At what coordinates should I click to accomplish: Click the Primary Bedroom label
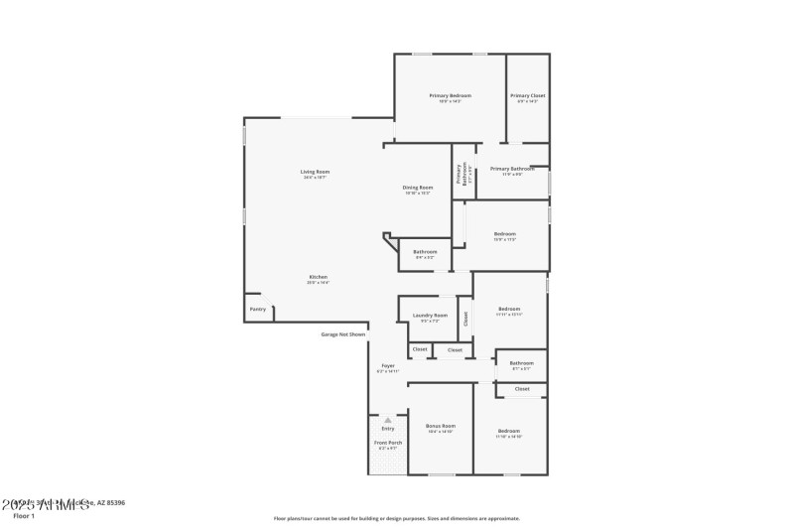coord(450,95)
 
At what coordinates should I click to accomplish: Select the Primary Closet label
coord(527,95)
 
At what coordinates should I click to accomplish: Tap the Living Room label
coord(316,172)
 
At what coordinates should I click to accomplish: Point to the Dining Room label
coord(418,188)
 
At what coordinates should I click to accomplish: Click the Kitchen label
coord(318,277)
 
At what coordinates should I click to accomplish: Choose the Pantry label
coord(258,310)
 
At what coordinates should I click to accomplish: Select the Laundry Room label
coord(430,316)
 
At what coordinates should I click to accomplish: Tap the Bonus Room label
coord(441,425)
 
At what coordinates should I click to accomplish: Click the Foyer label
coord(388,365)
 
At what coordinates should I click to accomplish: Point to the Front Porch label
coord(388,443)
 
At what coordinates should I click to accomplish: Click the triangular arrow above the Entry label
coord(388,419)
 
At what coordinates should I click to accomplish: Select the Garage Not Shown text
coord(342,334)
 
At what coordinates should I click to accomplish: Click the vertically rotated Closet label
coord(465,319)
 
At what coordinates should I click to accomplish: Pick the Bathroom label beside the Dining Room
coord(425,252)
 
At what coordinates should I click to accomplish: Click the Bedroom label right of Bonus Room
coord(509,431)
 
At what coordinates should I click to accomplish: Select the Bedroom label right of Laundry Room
coord(509,309)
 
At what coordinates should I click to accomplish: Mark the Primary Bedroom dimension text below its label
coord(450,101)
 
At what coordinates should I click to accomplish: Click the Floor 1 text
coord(24,516)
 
